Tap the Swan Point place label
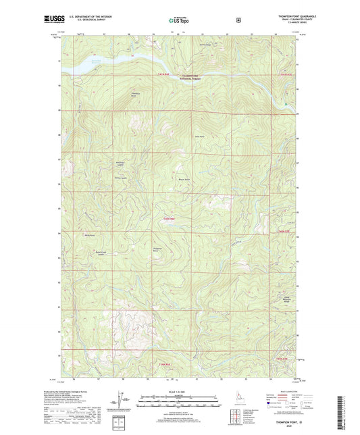[199, 136]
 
